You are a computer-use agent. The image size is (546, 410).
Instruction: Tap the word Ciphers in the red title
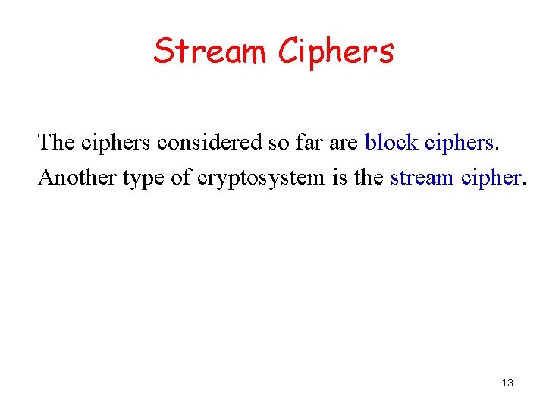[336, 52]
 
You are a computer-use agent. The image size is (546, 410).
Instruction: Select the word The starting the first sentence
[56, 141]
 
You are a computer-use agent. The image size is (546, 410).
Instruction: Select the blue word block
[391, 142]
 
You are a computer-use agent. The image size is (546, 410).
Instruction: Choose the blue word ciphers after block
[460, 142]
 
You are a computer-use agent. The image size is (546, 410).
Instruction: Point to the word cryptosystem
[262, 178]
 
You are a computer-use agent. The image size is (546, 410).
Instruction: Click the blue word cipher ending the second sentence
[492, 178]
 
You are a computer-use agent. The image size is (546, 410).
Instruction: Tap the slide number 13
[507, 383]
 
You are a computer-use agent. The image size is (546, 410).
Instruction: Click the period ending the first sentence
[497, 147]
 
